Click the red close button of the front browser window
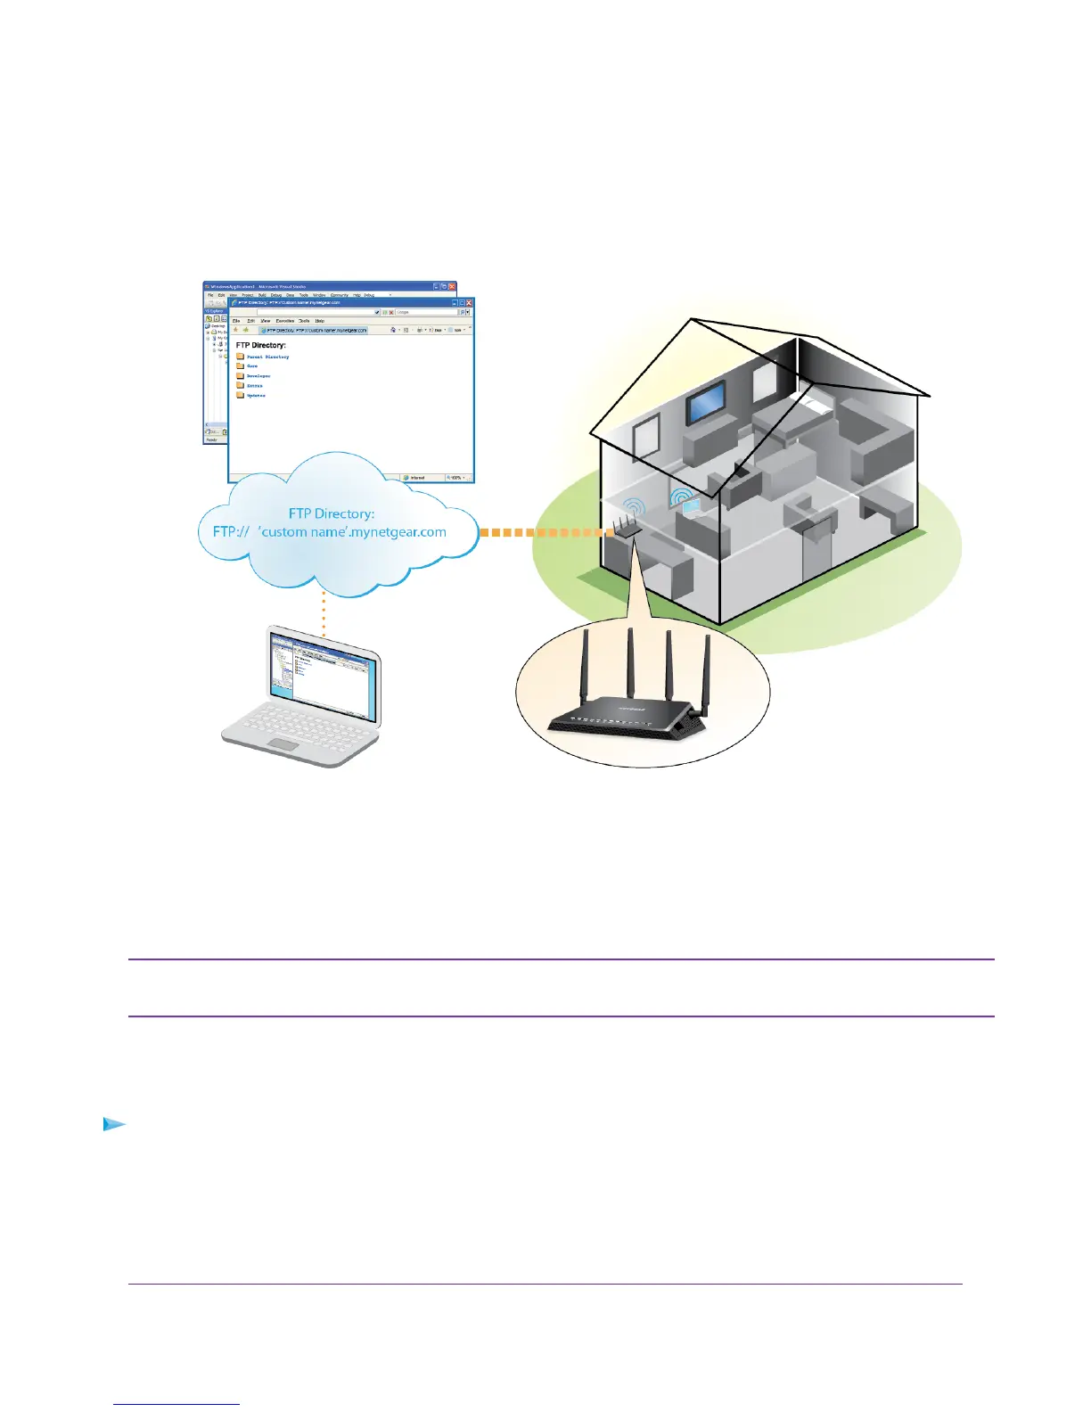tap(469, 303)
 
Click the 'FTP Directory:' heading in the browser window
tap(261, 345)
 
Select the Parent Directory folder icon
tap(240, 357)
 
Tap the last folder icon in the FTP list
tap(240, 395)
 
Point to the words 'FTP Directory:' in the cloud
tap(332, 513)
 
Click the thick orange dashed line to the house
tap(544, 532)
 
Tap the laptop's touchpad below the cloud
tap(284, 744)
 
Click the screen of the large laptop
tap(324, 677)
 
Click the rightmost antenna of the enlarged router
tap(705, 673)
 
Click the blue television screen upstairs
tap(704, 404)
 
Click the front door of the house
tap(815, 552)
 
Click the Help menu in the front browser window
tap(319, 321)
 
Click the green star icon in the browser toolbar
tap(246, 330)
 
